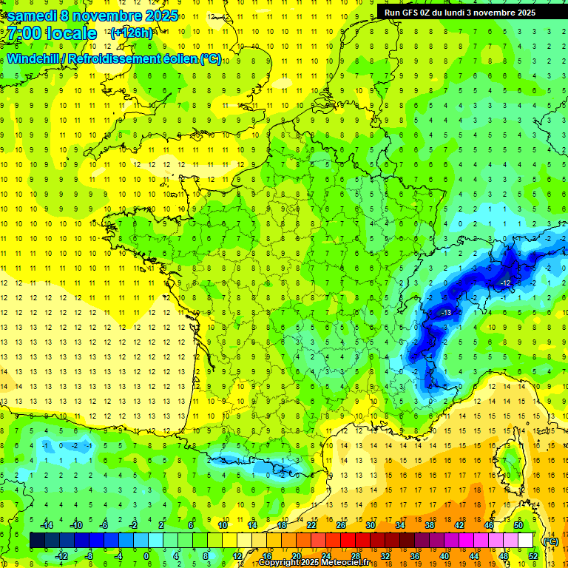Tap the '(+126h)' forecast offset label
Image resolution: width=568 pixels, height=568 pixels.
tap(131, 33)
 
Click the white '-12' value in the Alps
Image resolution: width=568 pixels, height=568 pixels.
tap(505, 283)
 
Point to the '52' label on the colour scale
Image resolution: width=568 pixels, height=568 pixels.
tap(532, 556)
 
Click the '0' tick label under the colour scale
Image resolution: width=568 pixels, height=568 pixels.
tap(146, 556)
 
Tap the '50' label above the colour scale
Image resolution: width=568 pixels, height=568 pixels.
tap(518, 525)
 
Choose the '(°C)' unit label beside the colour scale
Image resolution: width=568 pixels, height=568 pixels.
tap(550, 541)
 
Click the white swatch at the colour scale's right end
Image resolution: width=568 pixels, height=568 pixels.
tap(526, 541)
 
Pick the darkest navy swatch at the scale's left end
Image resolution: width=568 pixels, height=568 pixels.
tap(37, 541)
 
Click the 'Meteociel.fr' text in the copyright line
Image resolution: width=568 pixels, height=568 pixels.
tap(345, 563)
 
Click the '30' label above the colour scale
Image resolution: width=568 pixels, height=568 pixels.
tap(370, 525)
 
